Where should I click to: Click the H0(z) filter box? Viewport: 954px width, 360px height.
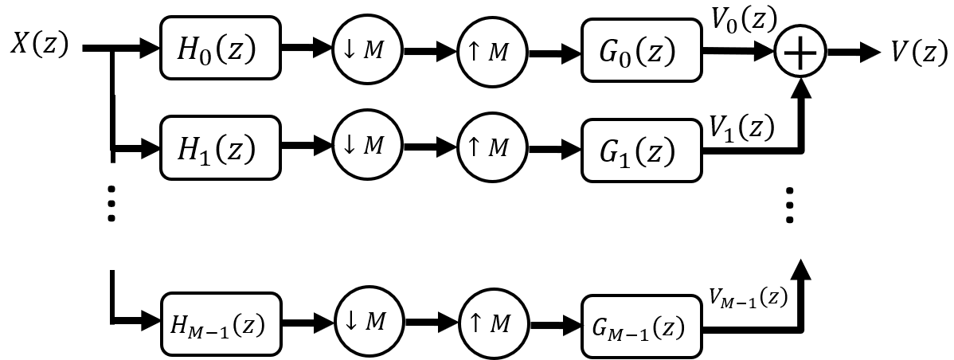[x=221, y=49]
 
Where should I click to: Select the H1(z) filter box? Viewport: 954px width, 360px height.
[x=221, y=148]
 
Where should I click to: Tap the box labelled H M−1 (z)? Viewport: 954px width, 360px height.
[x=221, y=324]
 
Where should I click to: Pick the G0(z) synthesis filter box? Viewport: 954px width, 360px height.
[x=641, y=51]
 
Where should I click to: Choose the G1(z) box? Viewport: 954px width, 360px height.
[x=641, y=151]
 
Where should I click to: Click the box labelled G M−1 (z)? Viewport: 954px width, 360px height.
[x=641, y=327]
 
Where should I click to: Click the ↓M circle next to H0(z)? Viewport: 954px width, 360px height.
[x=366, y=49]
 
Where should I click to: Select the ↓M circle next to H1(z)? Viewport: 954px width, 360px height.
[x=366, y=145]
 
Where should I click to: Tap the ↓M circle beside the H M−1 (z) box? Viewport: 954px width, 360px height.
[x=369, y=321]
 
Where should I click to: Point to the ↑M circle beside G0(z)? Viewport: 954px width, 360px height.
[x=493, y=52]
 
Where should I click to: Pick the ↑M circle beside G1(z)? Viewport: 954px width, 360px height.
[x=493, y=147]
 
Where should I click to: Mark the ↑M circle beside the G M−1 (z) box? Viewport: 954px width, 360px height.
[x=494, y=323]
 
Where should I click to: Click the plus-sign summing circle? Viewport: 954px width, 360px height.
[x=800, y=52]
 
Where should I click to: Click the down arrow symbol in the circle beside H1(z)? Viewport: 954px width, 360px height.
[x=348, y=145]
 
